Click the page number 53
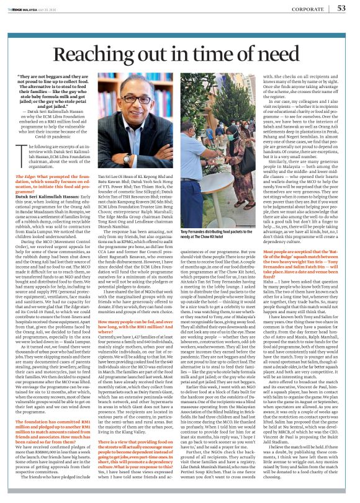pos(342,8)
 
